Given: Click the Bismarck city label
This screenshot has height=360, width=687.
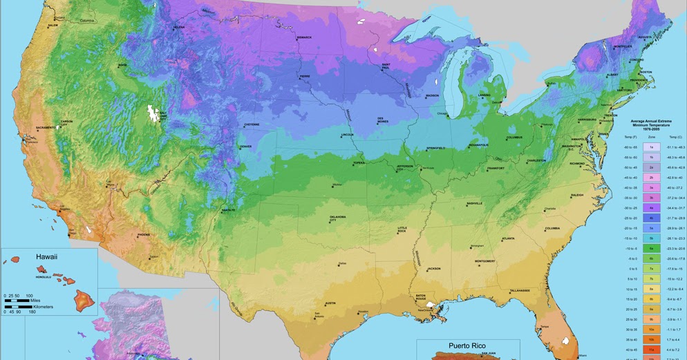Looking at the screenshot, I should pyautogui.click(x=304, y=37).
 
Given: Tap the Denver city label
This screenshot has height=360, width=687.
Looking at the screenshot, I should pyautogui.click(x=246, y=146).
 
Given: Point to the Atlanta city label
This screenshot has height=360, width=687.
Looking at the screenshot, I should pyautogui.click(x=508, y=238).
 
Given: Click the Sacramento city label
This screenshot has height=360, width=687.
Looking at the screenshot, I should pyautogui.click(x=46, y=128).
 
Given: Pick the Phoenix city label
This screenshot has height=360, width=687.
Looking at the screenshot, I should pyautogui.click(x=143, y=234).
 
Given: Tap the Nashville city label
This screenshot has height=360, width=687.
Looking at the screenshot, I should pyautogui.click(x=474, y=203).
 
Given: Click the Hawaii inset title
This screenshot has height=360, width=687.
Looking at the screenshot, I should pyautogui.click(x=46, y=256).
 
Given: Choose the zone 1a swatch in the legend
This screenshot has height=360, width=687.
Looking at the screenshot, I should pyautogui.click(x=652, y=146).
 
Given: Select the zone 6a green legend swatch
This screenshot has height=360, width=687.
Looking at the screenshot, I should pyautogui.click(x=652, y=247).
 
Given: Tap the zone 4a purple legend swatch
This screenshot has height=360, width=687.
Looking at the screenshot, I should pyautogui.click(x=652, y=207).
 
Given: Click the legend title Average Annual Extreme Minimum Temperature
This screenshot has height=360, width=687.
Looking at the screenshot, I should pyautogui.click(x=651, y=124).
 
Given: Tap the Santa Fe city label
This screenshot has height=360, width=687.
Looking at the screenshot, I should pyautogui.click(x=228, y=209).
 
